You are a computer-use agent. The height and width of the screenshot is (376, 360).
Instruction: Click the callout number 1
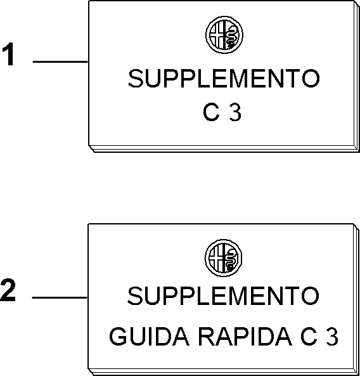pyautogui.click(x=8, y=54)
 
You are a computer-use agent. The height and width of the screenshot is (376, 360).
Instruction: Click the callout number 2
pyautogui.click(x=8, y=290)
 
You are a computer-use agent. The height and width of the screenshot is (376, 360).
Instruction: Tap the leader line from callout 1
pyautogui.click(x=60, y=62)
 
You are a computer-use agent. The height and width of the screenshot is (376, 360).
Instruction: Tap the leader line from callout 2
pyautogui.click(x=60, y=297)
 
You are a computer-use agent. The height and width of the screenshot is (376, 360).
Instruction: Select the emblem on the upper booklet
pyautogui.click(x=224, y=35)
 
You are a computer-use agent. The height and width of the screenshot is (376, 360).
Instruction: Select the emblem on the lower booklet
pyautogui.click(x=223, y=258)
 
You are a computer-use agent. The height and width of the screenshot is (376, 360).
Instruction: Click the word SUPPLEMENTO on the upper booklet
pyautogui.click(x=224, y=79)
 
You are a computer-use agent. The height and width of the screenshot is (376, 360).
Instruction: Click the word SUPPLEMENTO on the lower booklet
pyautogui.click(x=223, y=295)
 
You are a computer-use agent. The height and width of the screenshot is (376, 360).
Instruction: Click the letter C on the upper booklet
pyautogui.click(x=211, y=112)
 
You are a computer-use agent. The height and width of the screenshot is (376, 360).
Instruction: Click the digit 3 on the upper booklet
pyautogui.click(x=235, y=112)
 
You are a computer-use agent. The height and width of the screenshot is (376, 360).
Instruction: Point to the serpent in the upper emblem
pyautogui.click(x=231, y=36)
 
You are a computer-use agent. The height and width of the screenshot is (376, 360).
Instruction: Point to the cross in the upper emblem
pyautogui.click(x=217, y=35)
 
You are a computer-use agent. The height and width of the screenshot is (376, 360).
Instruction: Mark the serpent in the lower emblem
pyautogui.click(x=231, y=259)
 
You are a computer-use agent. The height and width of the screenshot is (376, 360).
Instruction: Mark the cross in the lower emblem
pyautogui.click(x=216, y=258)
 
